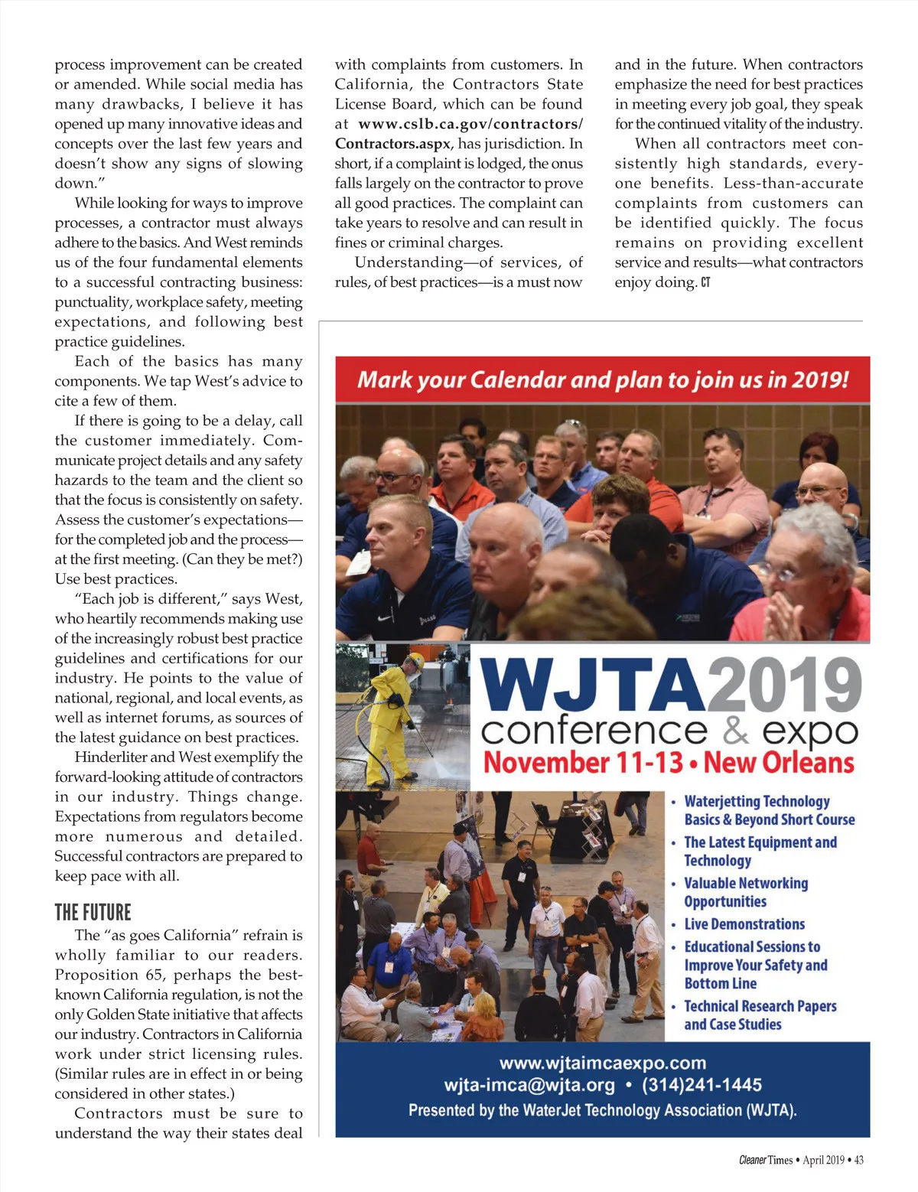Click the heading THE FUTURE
[93, 912]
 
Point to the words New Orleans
[778, 763]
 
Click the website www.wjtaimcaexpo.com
[602, 1063]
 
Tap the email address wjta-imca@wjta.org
[529, 1085]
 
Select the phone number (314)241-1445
[702, 1085]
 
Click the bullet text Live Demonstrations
[744, 924]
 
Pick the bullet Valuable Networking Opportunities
[745, 892]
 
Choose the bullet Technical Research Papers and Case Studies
[759, 1015]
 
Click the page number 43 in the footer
[858, 1160]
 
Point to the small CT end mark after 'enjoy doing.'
[705, 282]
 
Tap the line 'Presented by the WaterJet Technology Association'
[602, 1110]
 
